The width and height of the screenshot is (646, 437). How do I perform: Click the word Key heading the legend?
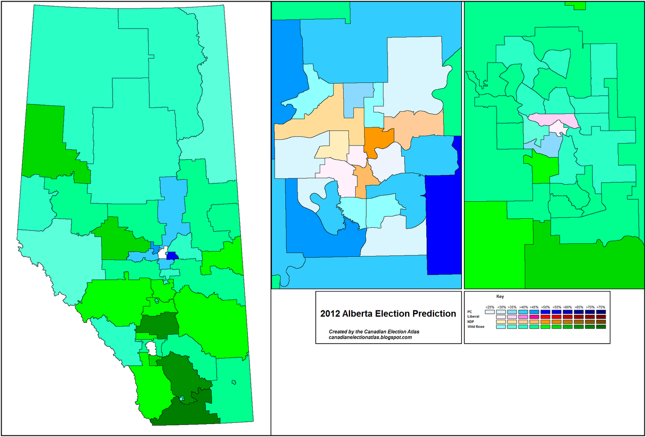[x=500, y=297]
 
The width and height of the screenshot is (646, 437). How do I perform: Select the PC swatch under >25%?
[x=489, y=312]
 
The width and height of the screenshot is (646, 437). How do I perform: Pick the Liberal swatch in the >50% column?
[x=545, y=317]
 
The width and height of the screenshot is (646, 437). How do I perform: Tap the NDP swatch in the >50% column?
[x=545, y=322]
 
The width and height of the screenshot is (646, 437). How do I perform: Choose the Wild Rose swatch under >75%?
[x=600, y=327]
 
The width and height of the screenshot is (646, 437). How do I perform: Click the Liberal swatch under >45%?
[x=534, y=317]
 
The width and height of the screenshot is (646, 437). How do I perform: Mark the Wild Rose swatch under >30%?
[x=501, y=327]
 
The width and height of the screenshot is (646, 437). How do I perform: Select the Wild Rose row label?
[x=476, y=327]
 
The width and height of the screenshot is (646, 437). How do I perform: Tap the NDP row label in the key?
[x=471, y=322]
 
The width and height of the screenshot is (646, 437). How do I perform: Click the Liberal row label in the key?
[x=473, y=317]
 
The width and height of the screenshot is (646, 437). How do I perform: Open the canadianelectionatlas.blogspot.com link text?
[x=370, y=337]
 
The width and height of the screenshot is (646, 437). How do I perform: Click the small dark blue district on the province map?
[x=172, y=255]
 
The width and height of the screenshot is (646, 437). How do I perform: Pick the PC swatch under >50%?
[x=545, y=312]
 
